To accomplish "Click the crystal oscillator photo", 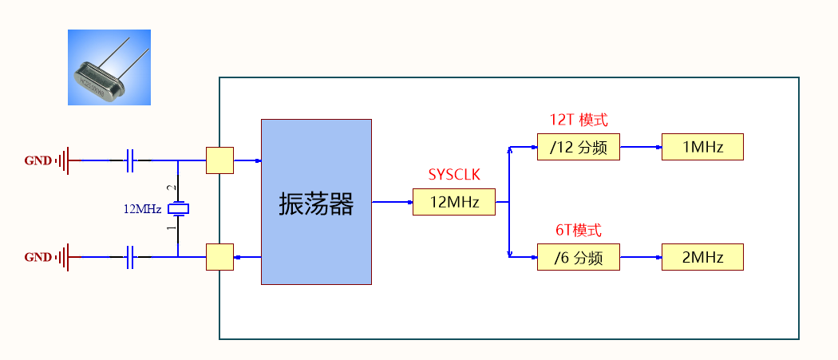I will click(109, 68).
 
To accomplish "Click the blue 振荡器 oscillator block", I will click(316, 202).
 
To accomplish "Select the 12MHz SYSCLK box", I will click(454, 202).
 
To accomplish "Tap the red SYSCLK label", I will click(454, 175).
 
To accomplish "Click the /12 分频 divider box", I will click(579, 147).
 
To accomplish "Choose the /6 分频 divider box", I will click(579, 257).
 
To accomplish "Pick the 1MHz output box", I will click(702, 147).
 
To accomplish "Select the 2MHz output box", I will click(702, 257).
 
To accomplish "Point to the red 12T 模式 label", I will click(579, 121).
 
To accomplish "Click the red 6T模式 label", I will click(579, 231).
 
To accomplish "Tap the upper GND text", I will click(38, 160).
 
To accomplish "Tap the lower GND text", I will click(38, 257).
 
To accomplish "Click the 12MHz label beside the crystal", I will click(142, 209).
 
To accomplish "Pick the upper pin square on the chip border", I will click(219, 160).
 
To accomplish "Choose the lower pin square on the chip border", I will click(219, 257).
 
